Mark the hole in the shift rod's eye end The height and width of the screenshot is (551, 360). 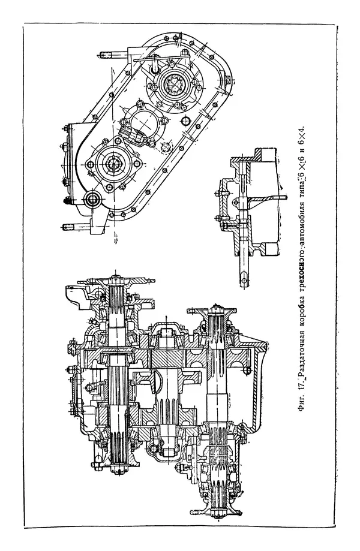pyautogui.click(x=246, y=278)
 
